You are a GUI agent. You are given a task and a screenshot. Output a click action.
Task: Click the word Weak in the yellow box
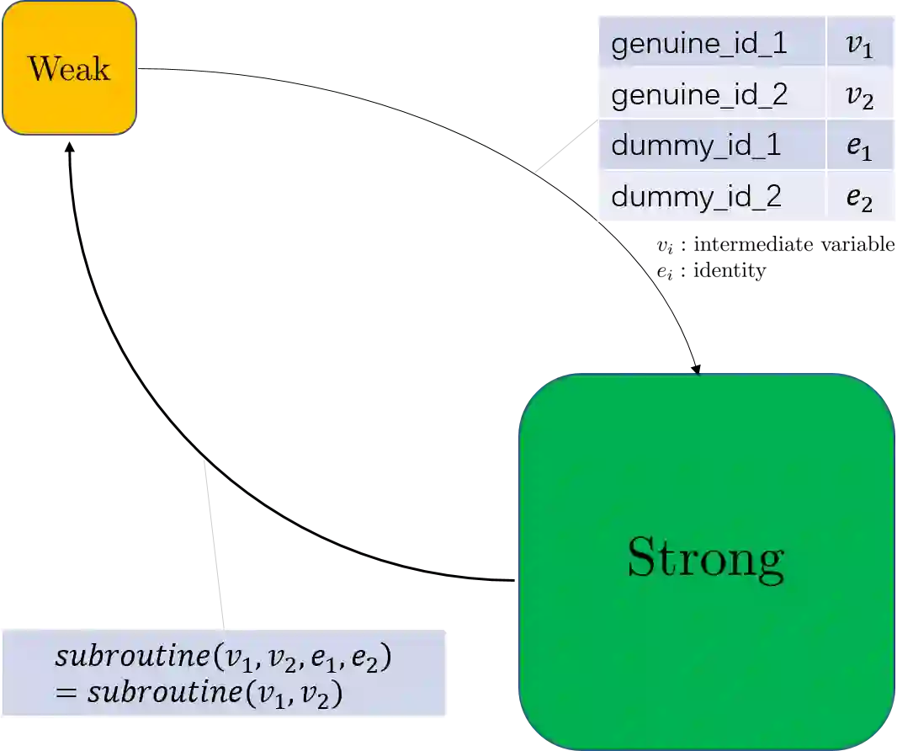69,68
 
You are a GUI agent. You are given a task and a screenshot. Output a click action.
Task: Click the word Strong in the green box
706,557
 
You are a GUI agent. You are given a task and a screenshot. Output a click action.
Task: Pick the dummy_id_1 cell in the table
696,146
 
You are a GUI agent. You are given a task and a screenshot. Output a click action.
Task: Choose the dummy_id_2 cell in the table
696,196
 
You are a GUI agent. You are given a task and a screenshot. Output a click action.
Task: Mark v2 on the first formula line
279,659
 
